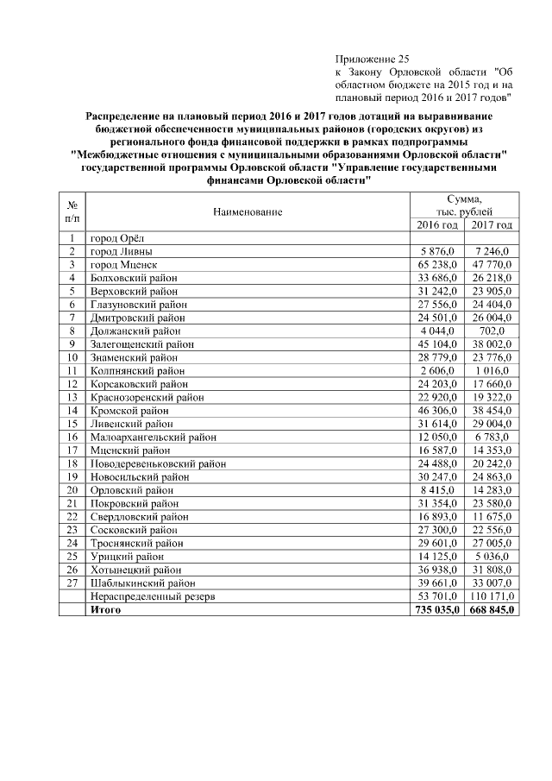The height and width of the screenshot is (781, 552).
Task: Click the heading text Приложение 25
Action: (x=366, y=57)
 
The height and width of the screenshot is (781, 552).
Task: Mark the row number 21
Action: (x=72, y=503)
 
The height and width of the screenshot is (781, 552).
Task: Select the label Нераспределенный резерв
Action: (x=151, y=596)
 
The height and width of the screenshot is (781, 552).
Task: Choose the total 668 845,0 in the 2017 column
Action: (x=491, y=609)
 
